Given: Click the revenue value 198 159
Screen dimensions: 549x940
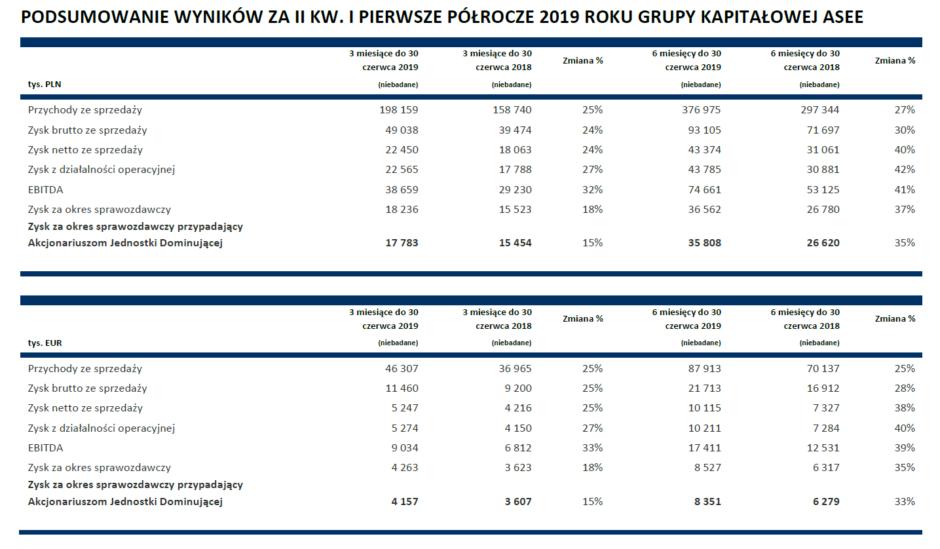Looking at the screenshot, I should [398, 110].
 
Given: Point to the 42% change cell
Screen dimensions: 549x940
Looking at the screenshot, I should [905, 170].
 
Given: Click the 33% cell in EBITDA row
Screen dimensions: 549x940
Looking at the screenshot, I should [592, 448].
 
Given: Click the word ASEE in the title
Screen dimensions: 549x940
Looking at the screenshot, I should [842, 18].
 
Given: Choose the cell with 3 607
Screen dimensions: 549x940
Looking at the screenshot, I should [517, 502].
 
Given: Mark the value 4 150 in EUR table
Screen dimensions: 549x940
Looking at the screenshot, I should [517, 428].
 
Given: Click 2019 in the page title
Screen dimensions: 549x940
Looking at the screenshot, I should [561, 18].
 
